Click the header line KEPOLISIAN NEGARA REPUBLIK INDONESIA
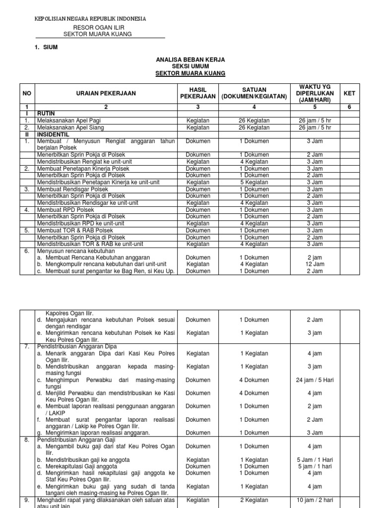(90, 19)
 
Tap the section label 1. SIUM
(47, 47)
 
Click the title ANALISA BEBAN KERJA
(190, 60)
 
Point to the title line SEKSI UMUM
(190, 66)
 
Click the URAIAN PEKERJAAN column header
(98, 93)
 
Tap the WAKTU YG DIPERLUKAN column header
(315, 93)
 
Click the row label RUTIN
(46, 114)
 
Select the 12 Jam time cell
(315, 264)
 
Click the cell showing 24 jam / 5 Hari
(315, 380)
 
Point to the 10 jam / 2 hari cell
(315, 500)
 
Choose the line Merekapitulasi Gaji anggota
(77, 466)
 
